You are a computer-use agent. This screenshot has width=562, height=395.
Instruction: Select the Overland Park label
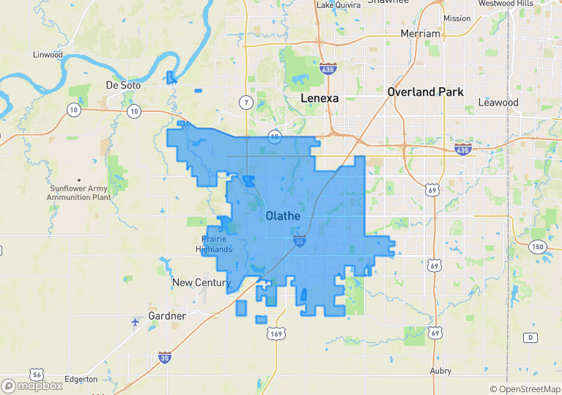point(426,92)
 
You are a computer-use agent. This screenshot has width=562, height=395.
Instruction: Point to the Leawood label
point(498,103)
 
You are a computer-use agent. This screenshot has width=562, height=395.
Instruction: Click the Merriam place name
point(421,34)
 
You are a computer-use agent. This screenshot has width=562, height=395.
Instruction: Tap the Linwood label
point(48,55)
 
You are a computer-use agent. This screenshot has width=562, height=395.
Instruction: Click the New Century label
point(201,282)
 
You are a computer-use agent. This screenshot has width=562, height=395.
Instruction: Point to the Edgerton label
point(81,379)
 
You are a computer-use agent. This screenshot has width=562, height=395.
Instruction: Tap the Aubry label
point(441,371)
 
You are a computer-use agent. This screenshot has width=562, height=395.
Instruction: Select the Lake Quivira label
point(340,5)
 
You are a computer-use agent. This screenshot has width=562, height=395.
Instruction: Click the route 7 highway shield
point(247,102)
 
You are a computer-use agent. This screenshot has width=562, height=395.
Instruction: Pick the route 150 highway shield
point(539,246)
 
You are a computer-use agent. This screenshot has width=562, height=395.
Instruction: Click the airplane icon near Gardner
point(136,322)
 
